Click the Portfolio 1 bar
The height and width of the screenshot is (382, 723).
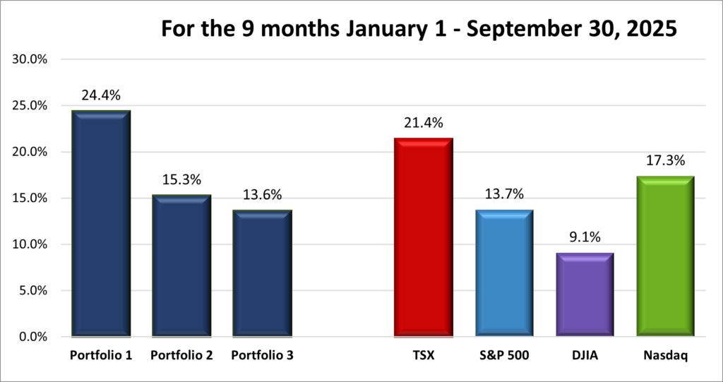click(x=101, y=222)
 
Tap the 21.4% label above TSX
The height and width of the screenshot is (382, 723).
click(x=423, y=123)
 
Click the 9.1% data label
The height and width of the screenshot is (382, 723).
click(x=584, y=237)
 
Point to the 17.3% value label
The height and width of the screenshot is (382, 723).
click(x=665, y=162)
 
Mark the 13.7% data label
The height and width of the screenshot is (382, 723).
click(x=503, y=194)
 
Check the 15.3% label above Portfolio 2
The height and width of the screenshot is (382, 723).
click(x=181, y=180)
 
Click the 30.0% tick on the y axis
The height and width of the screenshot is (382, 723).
click(x=30, y=59)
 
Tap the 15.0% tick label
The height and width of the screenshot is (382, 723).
click(x=30, y=198)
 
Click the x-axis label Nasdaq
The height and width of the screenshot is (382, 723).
click(x=665, y=355)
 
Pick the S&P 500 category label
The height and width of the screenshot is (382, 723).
click(x=503, y=355)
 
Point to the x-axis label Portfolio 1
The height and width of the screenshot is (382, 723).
click(x=101, y=355)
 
